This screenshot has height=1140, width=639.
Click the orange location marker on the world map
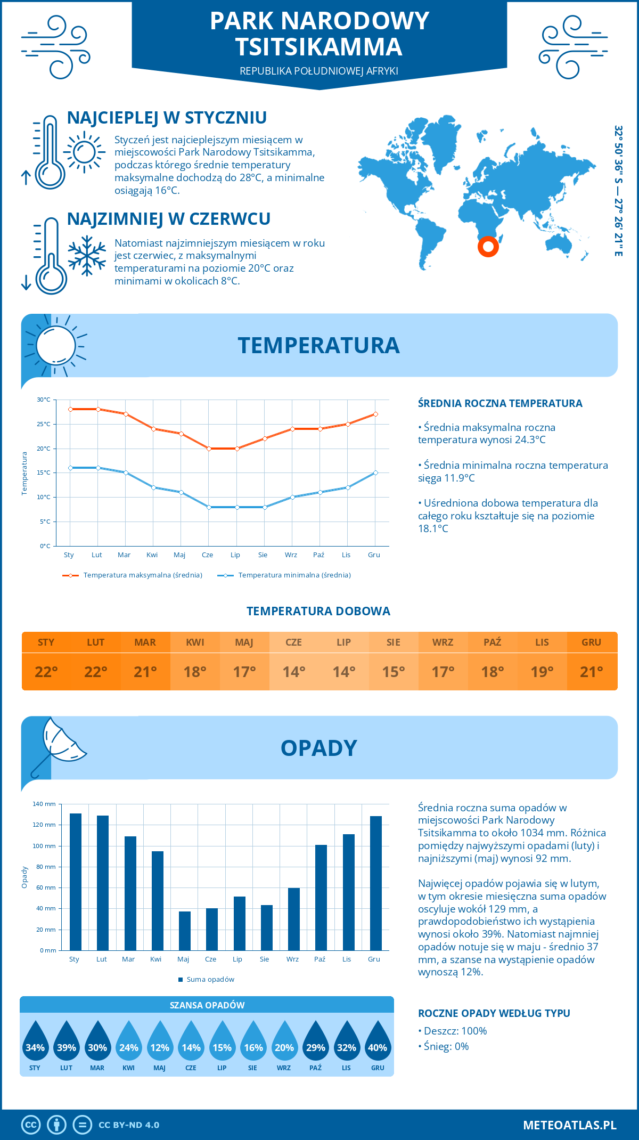click(x=488, y=247)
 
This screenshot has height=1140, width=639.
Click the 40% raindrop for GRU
click(x=378, y=1043)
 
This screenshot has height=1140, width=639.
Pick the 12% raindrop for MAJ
click(x=160, y=1043)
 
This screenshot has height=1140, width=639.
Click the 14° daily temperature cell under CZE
click(x=294, y=672)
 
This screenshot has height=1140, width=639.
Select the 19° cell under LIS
click(x=542, y=672)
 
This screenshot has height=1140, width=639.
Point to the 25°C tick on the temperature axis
click(x=44, y=424)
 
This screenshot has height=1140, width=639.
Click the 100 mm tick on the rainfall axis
click(x=44, y=846)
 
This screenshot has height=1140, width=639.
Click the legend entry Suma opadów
click(x=210, y=980)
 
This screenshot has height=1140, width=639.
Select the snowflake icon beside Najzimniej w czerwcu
click(x=87, y=256)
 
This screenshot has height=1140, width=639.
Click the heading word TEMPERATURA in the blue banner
click(x=318, y=345)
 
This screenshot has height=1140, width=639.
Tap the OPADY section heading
click(x=318, y=748)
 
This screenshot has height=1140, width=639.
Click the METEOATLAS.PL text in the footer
click(x=569, y=1125)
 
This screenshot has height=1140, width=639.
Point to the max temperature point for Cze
click(x=209, y=449)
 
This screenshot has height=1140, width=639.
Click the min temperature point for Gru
click(x=375, y=473)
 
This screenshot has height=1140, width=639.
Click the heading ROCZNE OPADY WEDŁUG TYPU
click(x=494, y=1013)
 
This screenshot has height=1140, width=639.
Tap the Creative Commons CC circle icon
click(x=31, y=1125)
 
